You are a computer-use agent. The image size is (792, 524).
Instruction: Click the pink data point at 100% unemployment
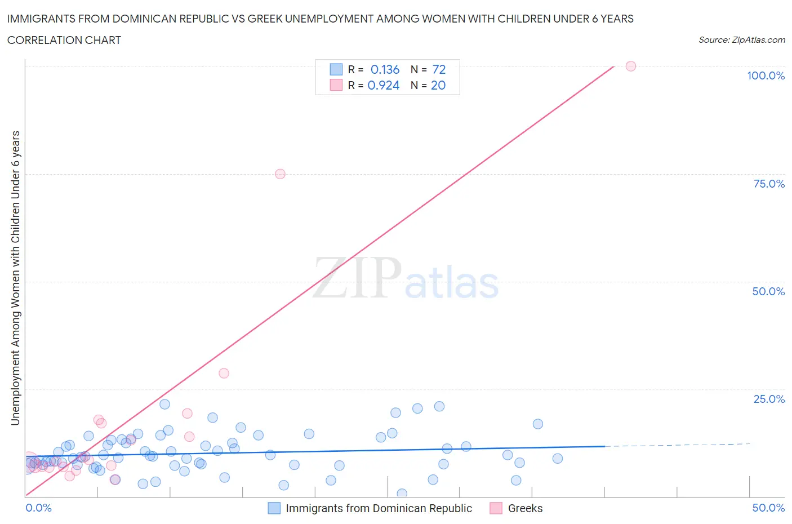coord(631,66)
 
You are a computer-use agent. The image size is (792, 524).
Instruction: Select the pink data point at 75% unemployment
coord(280,174)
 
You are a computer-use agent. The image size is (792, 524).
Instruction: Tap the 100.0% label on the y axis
coord(766,76)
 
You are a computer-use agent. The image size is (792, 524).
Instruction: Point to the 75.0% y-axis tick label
coord(769,184)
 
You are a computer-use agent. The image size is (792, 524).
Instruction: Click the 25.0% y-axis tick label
coord(769,399)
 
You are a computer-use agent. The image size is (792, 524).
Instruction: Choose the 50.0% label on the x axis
coord(768,508)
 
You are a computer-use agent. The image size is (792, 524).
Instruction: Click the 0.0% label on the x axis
coord(38,508)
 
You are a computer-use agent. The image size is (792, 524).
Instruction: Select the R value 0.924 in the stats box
coord(384,86)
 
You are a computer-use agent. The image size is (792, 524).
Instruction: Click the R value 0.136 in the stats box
coord(385,70)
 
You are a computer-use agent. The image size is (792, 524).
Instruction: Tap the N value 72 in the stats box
coord(439,70)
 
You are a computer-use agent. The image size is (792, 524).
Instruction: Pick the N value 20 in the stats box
coord(438,86)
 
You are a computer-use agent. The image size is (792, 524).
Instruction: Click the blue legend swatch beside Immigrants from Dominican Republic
coord(274,508)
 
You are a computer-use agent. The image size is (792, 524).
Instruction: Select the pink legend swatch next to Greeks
coord(496,508)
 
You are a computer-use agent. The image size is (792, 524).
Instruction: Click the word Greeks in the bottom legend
coord(525,508)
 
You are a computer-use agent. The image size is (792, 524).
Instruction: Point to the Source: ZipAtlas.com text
coord(741,40)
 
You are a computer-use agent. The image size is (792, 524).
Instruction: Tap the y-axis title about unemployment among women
coord(15,278)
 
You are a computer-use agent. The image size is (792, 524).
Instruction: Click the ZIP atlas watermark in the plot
coord(406,278)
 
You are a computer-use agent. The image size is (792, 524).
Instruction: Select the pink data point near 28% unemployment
coord(224,373)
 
